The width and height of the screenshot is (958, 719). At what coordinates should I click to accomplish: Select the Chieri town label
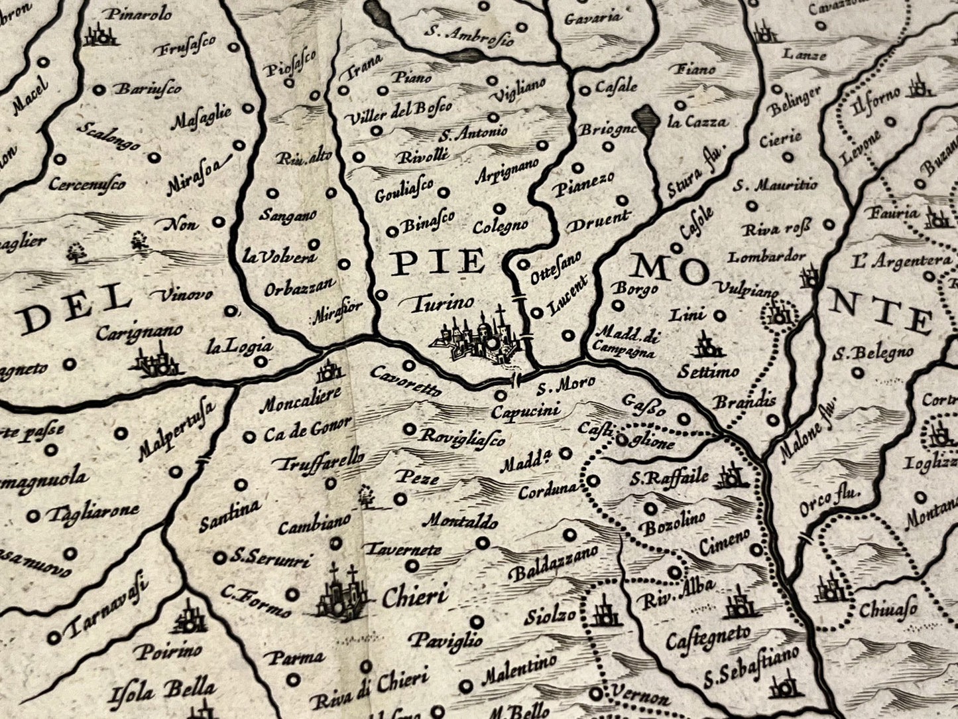click(x=415, y=596)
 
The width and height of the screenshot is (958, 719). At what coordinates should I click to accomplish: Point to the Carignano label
click(x=139, y=331)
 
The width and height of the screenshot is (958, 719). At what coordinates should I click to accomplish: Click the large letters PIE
click(x=438, y=263)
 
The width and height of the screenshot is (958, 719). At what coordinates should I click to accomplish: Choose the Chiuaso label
click(x=888, y=609)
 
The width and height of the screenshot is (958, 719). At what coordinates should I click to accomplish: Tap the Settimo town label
click(x=708, y=371)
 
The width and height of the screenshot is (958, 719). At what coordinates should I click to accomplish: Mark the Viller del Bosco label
click(x=399, y=111)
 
